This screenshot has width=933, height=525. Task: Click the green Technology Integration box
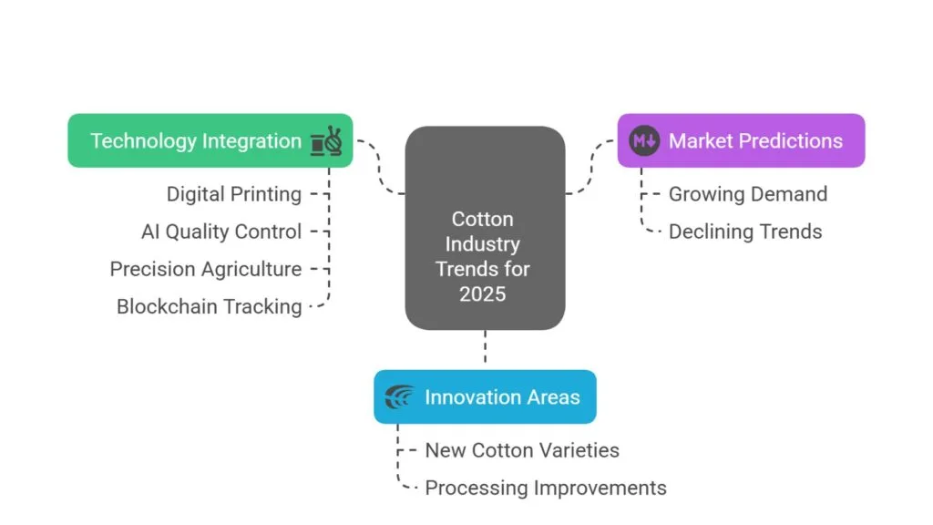click(x=210, y=140)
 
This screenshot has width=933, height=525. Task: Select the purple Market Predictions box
click(x=741, y=140)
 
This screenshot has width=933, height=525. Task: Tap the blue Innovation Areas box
click(x=485, y=396)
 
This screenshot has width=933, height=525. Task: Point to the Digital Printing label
click(x=233, y=194)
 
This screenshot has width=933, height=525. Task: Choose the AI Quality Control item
click(x=221, y=232)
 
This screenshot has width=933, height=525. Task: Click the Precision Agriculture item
click(x=206, y=269)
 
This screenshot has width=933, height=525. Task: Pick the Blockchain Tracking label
click(x=210, y=306)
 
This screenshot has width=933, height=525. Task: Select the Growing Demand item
click(x=748, y=194)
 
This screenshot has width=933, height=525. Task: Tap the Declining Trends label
click(x=745, y=232)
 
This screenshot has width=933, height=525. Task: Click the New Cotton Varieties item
click(x=522, y=450)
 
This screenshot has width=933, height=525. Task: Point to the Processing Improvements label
click(x=546, y=488)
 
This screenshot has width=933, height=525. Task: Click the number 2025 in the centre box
click(x=484, y=294)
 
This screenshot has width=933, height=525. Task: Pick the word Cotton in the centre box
click(x=483, y=219)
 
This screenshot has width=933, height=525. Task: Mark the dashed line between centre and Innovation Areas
click(x=485, y=349)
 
